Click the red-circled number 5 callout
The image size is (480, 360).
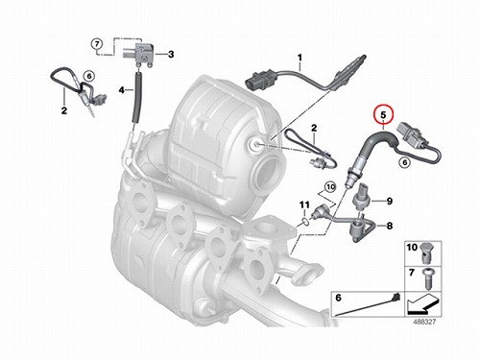click(x=383, y=114)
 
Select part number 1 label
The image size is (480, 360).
click(x=300, y=58)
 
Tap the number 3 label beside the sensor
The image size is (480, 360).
click(x=171, y=54)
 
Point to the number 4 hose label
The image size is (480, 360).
click(x=122, y=90)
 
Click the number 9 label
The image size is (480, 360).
click(x=390, y=201)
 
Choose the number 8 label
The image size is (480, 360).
click(x=390, y=226)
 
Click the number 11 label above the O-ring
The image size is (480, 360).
click(x=304, y=204)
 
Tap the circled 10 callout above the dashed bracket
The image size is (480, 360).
click(x=330, y=186)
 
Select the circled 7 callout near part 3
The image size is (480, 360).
click(x=98, y=43)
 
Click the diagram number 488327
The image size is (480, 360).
click(x=424, y=322)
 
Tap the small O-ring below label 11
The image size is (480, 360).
click(x=305, y=221)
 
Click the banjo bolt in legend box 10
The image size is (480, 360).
click(x=426, y=252)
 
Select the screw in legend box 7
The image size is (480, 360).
click(x=425, y=277)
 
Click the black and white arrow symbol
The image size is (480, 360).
click(x=421, y=303)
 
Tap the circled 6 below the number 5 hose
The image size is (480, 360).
click(x=405, y=162)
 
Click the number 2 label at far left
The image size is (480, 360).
click(x=64, y=110)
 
